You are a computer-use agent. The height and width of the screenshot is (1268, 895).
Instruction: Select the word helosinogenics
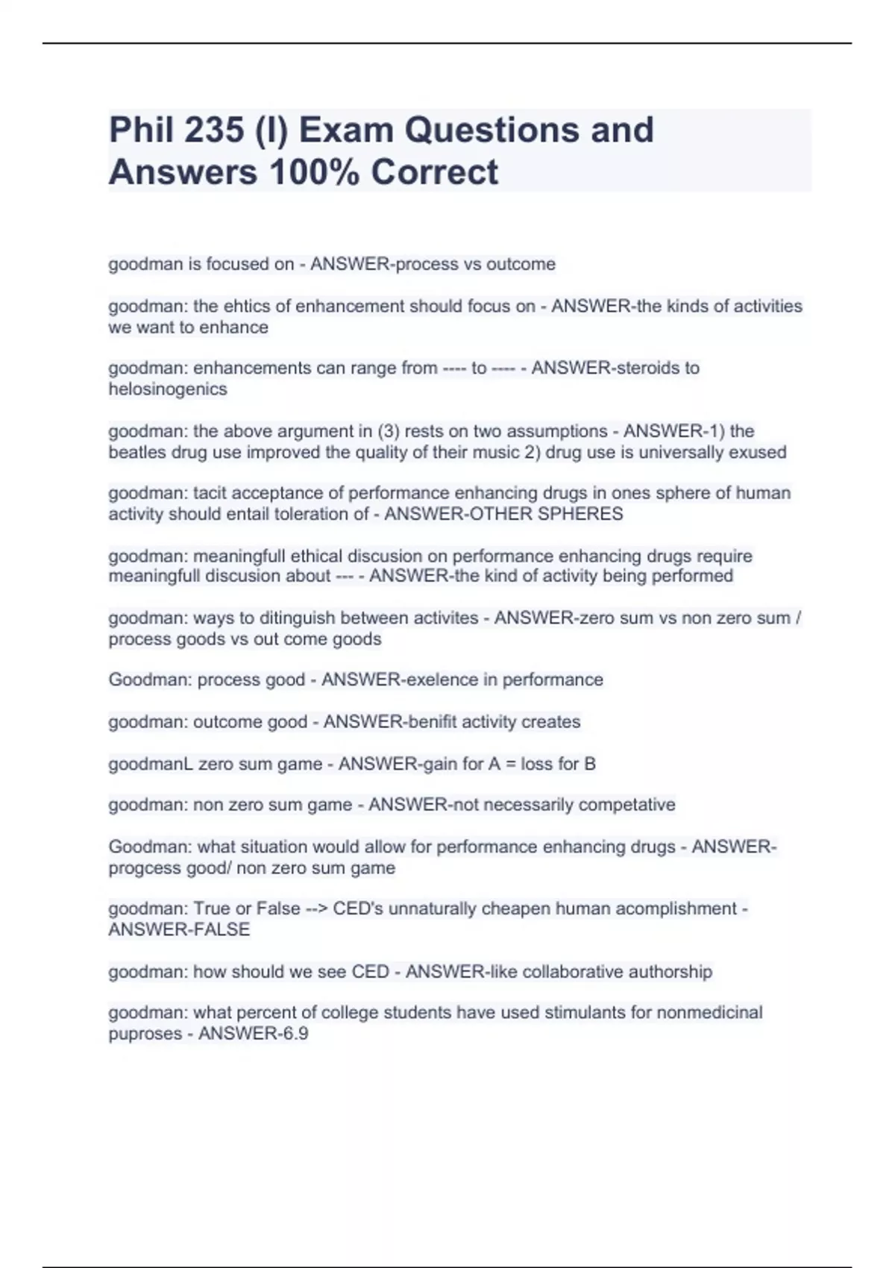click(x=168, y=389)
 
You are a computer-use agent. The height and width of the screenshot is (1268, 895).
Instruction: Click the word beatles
click(x=139, y=452)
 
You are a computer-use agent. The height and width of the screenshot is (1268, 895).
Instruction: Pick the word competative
click(x=626, y=805)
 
